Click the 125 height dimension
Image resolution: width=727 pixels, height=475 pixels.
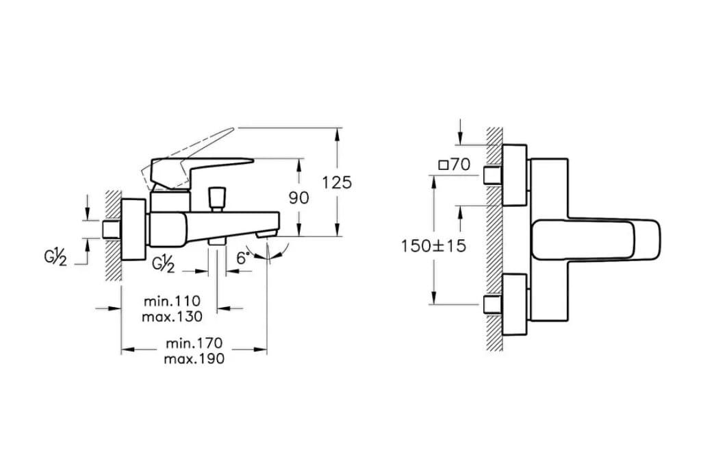[x=337, y=183]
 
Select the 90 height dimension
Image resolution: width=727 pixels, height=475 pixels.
[x=298, y=198]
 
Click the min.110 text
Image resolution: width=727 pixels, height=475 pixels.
[x=172, y=302]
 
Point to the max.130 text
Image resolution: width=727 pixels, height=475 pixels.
[x=172, y=317]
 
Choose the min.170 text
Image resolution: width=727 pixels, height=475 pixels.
[x=194, y=343]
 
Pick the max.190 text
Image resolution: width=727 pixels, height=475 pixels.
[x=194, y=359]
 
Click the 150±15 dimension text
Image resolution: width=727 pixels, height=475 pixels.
[x=433, y=246]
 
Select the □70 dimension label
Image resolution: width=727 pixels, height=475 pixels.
[x=455, y=165]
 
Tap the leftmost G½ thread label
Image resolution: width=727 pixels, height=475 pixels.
[x=55, y=257]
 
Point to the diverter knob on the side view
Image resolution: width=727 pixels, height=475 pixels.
[x=217, y=199]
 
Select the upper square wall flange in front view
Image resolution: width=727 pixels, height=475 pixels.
[x=515, y=175]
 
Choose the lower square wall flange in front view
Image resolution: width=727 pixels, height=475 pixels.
[x=515, y=304]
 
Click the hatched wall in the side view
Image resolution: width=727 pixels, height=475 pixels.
[x=114, y=235]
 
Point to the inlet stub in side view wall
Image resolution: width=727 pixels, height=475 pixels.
[x=112, y=230]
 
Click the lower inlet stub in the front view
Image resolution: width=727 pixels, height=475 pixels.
[x=493, y=304]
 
